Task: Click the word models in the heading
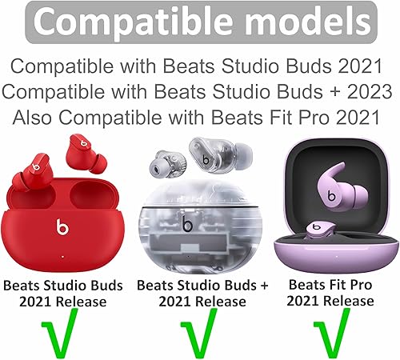pos(312,29)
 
